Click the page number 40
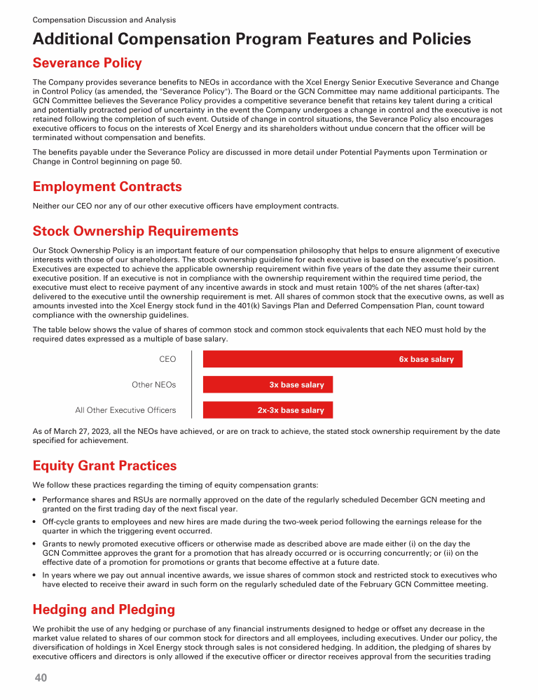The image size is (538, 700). (x=41, y=678)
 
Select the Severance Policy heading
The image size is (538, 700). (x=87, y=64)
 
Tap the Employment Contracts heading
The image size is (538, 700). (x=107, y=187)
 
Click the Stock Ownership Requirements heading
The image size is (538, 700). (x=135, y=231)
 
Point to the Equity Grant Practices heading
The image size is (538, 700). (x=104, y=465)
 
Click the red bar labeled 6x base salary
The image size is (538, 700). (x=333, y=359)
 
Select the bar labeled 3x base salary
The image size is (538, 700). (x=268, y=385)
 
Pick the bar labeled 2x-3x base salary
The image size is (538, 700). (x=268, y=410)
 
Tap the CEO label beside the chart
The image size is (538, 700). (x=167, y=359)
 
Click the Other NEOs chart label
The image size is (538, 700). (x=153, y=385)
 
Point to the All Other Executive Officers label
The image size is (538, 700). (x=125, y=410)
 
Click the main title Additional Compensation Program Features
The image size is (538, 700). (x=251, y=39)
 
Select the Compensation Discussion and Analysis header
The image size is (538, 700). (x=104, y=20)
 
